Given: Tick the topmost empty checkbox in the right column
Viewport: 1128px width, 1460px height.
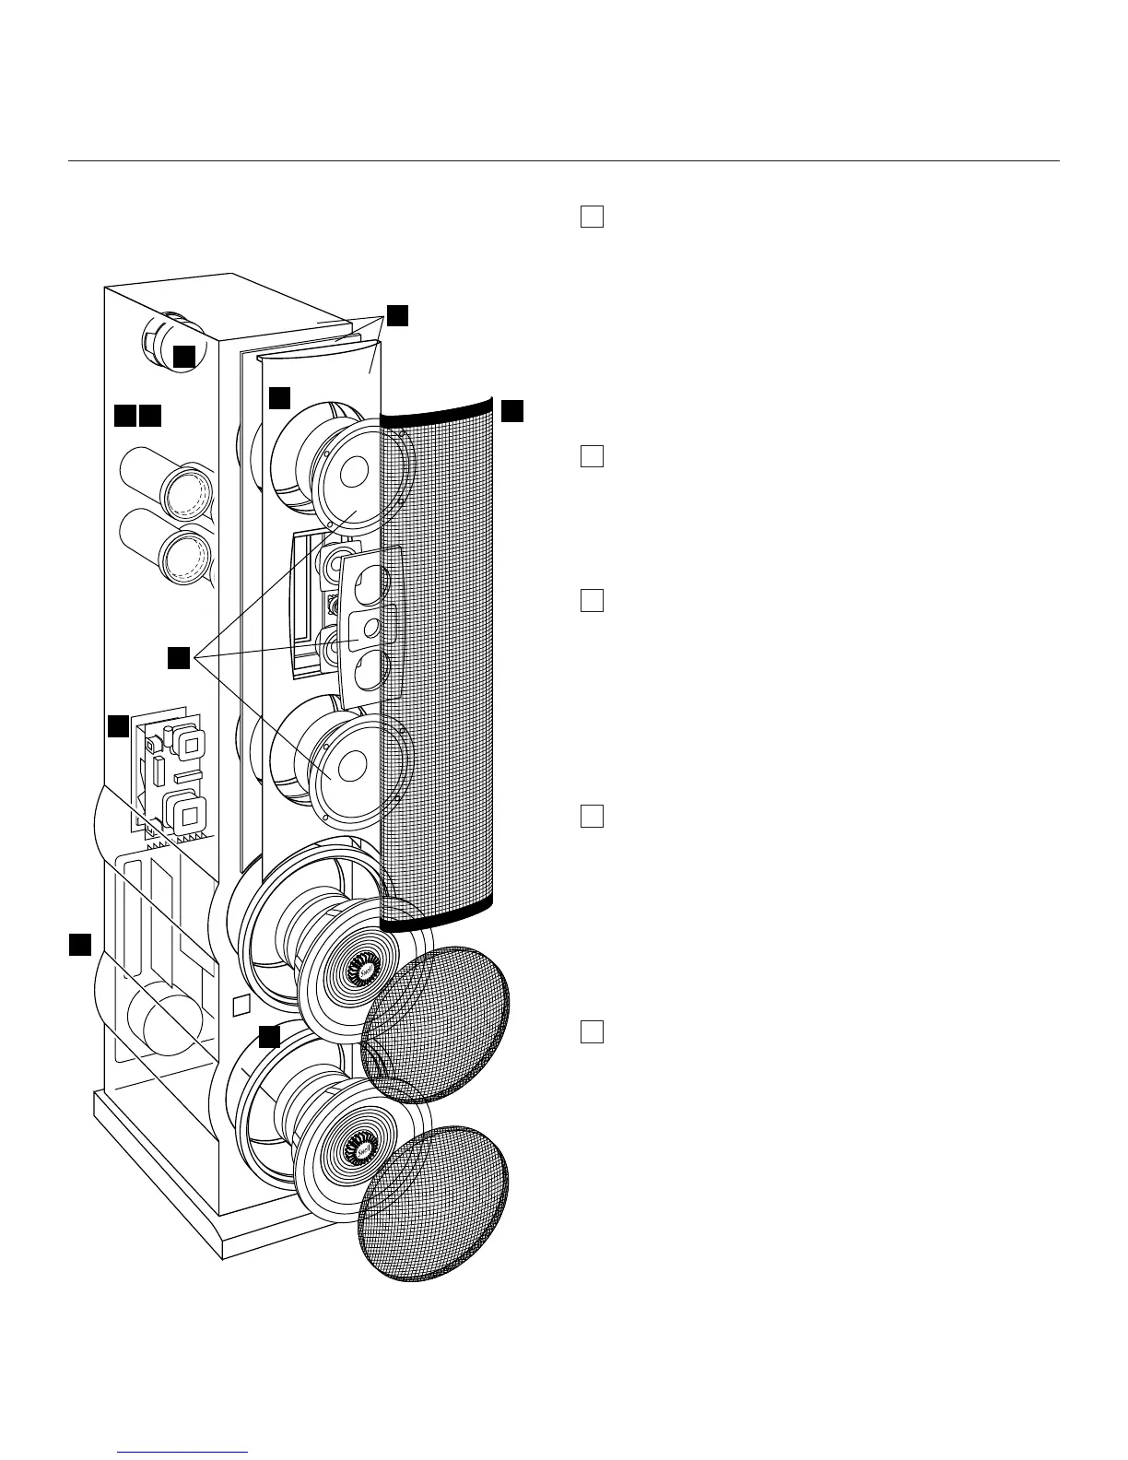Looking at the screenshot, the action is (592, 217).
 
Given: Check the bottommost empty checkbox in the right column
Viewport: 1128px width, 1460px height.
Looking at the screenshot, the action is (592, 1031).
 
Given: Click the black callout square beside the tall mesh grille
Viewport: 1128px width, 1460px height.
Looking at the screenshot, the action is (512, 411).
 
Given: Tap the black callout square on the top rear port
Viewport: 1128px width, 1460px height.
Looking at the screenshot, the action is (184, 357).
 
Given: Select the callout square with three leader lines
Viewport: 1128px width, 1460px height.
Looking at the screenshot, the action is (179, 657).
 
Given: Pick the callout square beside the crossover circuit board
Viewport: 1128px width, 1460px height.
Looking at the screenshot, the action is (118, 726).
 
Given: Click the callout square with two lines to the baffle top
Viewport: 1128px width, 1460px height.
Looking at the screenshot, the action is (396, 315).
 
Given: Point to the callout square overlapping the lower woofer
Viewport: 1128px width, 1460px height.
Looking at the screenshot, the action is (268, 1036).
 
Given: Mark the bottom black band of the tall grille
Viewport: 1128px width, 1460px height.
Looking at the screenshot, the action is (439, 914).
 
